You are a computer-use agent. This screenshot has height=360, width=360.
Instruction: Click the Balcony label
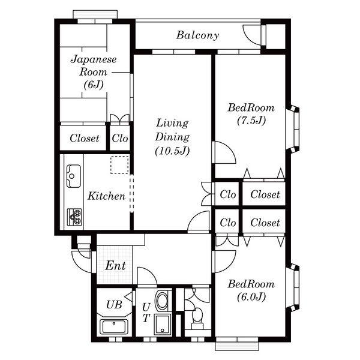[197, 35]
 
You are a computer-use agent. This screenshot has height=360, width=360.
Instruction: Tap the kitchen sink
[73, 176]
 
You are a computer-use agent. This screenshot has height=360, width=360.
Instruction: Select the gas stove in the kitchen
[74, 217]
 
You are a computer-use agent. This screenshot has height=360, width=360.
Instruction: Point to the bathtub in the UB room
[114, 326]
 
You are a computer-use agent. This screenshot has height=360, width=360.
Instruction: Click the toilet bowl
[197, 316]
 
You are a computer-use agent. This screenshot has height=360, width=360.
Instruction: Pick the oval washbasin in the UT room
[162, 301]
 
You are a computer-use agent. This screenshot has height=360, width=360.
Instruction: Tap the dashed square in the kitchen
[119, 165]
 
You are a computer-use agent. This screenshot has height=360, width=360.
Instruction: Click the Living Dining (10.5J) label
[172, 137]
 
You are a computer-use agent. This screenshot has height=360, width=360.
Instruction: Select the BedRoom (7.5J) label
[251, 114]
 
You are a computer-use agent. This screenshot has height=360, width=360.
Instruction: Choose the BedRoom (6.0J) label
[251, 290]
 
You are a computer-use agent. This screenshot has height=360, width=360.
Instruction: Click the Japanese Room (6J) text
[94, 72]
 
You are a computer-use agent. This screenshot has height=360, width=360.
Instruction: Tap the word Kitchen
[106, 196]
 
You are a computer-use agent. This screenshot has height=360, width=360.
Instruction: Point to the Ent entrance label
[115, 266]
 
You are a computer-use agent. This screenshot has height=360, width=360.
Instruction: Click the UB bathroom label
[114, 305]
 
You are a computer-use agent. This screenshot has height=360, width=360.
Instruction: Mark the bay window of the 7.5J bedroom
[293, 129]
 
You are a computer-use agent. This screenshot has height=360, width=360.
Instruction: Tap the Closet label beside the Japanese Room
[84, 138]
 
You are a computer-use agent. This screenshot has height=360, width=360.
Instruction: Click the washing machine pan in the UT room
[163, 324]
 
